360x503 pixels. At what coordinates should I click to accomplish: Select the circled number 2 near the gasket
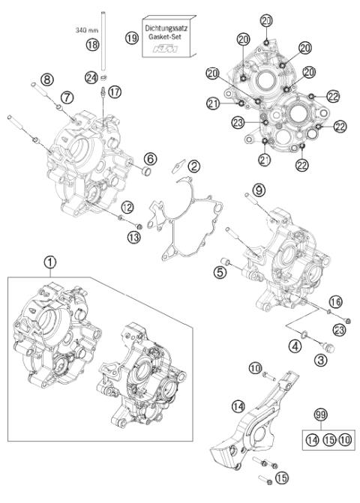(x=194, y=166)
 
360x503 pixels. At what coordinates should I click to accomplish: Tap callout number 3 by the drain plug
(x=300, y=361)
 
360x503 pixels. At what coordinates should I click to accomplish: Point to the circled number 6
(x=151, y=158)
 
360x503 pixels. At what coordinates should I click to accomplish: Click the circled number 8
(x=46, y=79)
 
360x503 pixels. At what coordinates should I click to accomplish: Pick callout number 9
(x=258, y=190)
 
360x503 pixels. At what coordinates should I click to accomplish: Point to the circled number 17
(x=115, y=91)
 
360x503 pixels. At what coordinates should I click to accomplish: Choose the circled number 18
(x=114, y=46)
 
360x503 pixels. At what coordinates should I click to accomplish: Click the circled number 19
(x=132, y=37)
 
